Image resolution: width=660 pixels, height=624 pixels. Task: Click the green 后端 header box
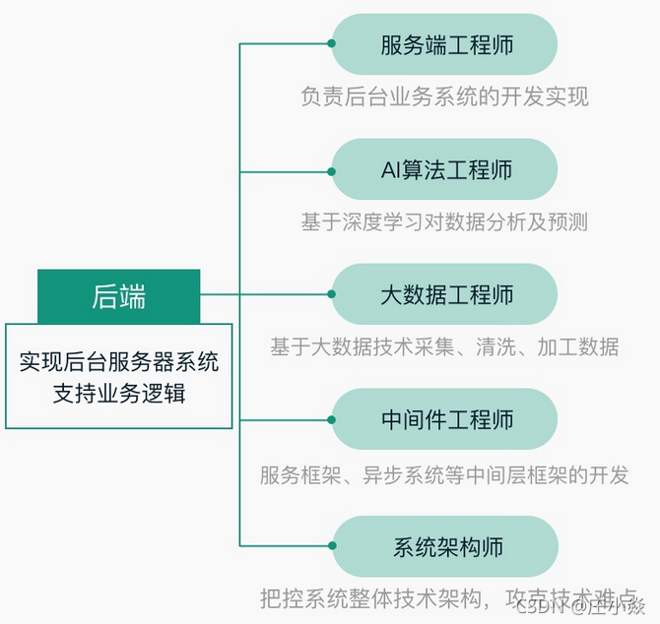(119, 295)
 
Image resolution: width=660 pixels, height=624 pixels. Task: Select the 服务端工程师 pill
(445, 44)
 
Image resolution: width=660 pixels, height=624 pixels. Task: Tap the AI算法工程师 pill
(445, 169)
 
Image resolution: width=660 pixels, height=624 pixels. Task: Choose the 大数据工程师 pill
(445, 294)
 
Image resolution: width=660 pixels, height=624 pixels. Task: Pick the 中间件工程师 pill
(445, 419)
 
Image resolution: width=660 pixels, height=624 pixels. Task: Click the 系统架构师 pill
(445, 544)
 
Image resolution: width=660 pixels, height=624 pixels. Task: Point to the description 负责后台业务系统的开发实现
(444, 96)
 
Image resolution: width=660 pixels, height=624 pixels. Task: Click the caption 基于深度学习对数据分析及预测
(444, 221)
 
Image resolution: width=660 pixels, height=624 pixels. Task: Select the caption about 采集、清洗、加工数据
(444, 346)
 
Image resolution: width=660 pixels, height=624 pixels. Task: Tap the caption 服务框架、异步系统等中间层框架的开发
(444, 475)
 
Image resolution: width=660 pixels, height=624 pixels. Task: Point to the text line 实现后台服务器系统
(119, 362)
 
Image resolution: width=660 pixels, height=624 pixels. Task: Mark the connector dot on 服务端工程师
(332, 44)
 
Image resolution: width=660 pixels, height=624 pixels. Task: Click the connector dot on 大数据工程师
(332, 294)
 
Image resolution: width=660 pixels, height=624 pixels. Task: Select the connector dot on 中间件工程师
(332, 419)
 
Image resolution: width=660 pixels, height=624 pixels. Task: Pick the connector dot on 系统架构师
(332, 544)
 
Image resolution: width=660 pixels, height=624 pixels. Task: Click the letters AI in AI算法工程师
(391, 170)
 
